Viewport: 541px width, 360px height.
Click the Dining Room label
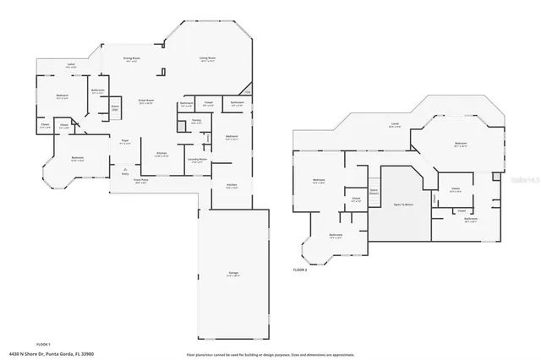click(131, 59)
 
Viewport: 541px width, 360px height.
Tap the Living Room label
click(206, 59)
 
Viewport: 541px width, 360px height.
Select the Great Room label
click(145, 101)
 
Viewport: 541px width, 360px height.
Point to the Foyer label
click(124, 142)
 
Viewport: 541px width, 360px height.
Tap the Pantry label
click(195, 123)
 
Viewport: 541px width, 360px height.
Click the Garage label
click(232, 274)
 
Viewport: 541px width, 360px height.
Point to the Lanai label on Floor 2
click(395, 126)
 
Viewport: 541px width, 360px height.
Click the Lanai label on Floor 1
click(71, 66)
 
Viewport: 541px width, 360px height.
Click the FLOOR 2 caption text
click(300, 270)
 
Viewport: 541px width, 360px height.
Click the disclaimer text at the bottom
click(270, 353)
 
